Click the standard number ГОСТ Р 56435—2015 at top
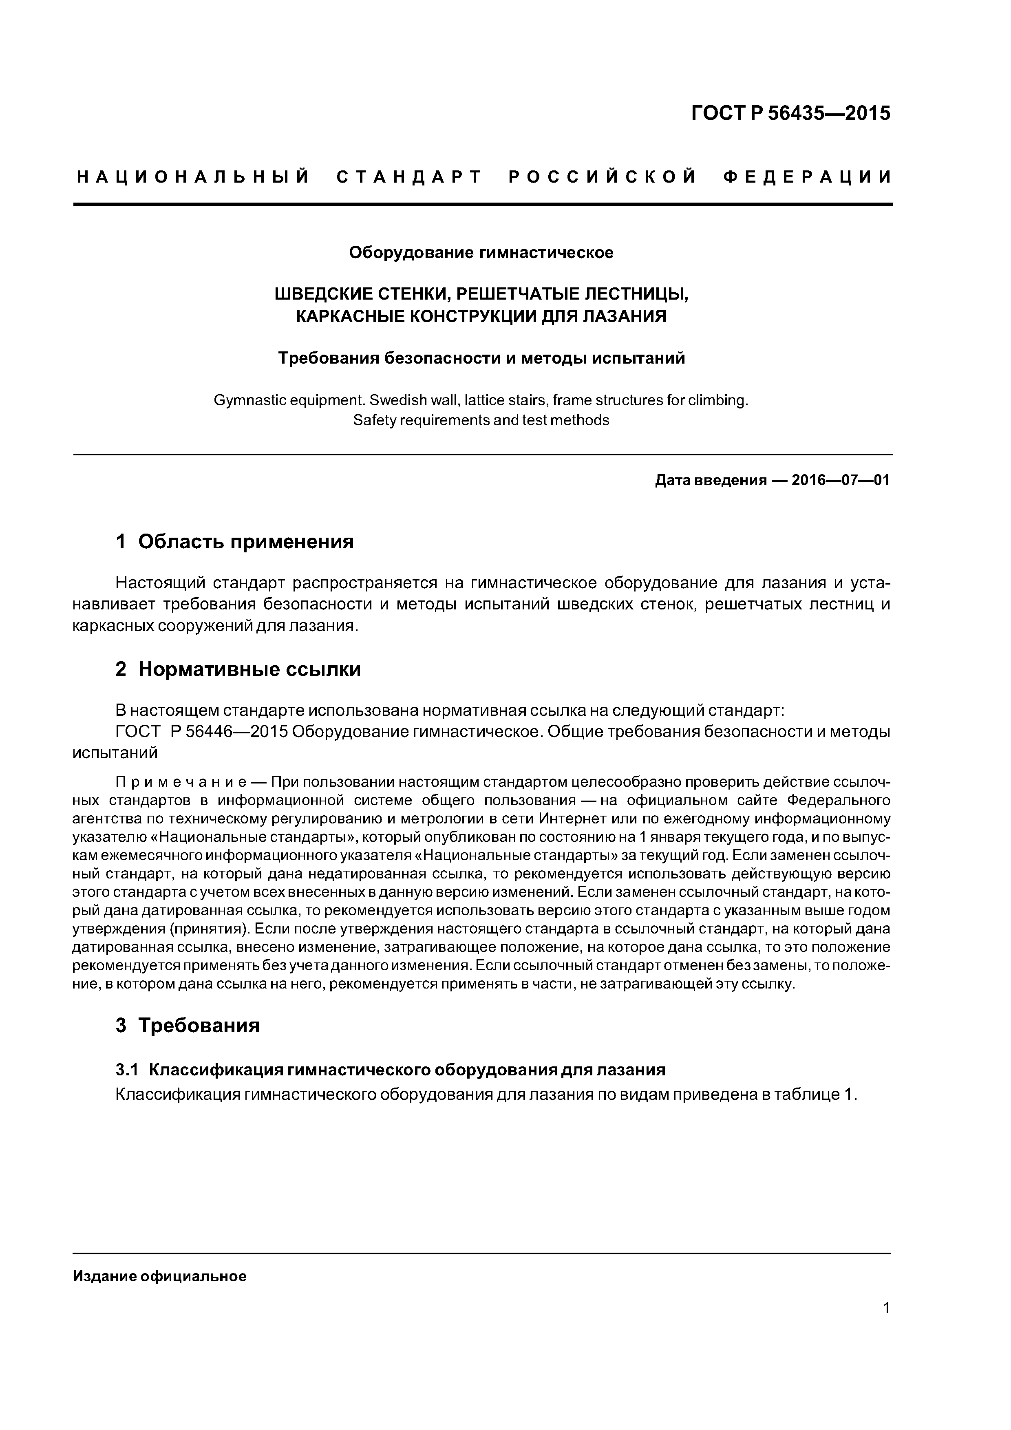790,113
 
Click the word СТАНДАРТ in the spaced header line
409,177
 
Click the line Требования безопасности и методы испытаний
481,358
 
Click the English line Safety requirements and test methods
481,420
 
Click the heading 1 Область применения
234,541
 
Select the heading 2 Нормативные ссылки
238,669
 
